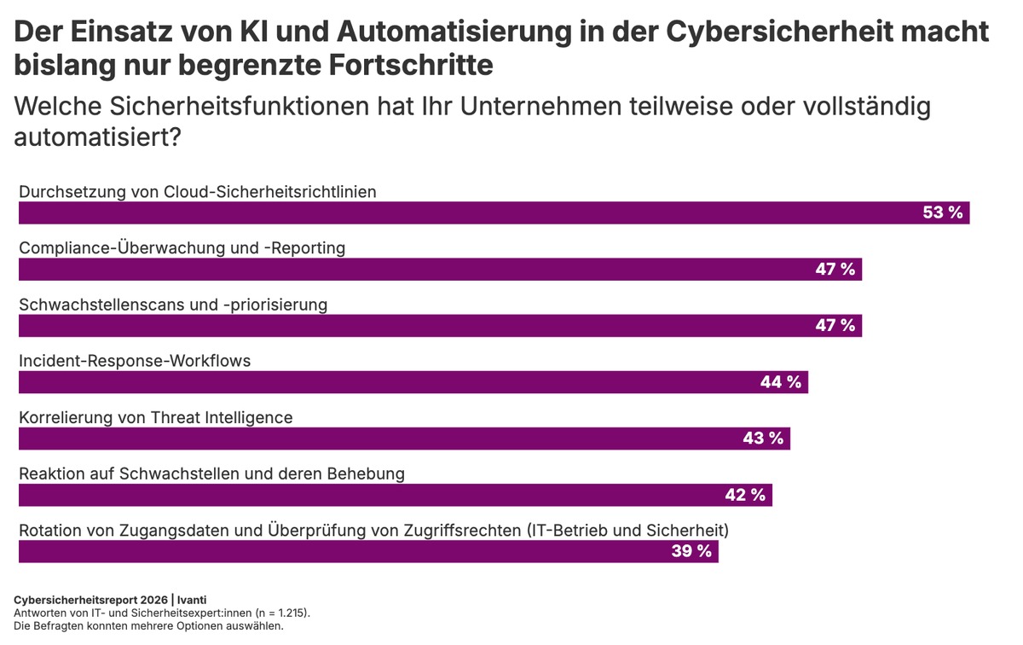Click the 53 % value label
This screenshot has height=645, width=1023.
tap(942, 212)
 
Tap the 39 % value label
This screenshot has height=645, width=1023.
tap(691, 551)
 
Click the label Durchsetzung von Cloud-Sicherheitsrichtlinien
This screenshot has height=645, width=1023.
tap(198, 192)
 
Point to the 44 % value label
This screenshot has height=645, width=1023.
tap(780, 382)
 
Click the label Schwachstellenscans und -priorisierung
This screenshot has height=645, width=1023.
tap(173, 305)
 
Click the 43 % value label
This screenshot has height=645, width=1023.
tap(762, 439)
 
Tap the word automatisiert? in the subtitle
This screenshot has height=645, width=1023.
tap(97, 137)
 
